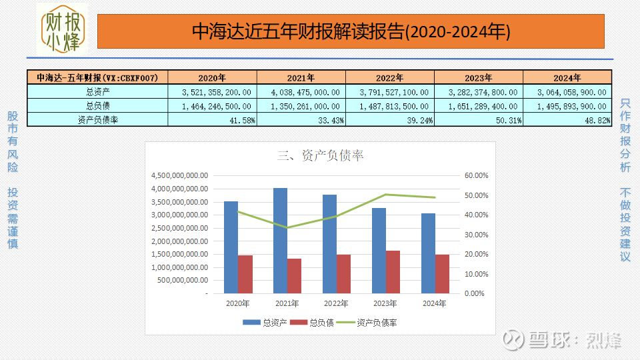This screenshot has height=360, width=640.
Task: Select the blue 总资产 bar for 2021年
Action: pyautogui.click(x=280, y=240)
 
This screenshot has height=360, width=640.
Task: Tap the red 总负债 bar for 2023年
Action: pyautogui.click(x=393, y=271)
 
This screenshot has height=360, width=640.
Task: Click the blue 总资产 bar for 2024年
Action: pyautogui.click(x=428, y=253)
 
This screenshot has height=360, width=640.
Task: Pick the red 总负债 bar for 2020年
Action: pyautogui.click(x=245, y=273)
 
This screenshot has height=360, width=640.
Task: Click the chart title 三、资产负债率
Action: pyautogui.click(x=320, y=155)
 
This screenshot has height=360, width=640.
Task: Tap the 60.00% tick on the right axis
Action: pyautogui.click(x=476, y=175)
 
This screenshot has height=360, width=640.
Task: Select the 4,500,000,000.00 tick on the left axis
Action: pyautogui.click(x=180, y=175)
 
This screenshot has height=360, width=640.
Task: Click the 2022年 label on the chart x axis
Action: pyautogui.click(x=335, y=304)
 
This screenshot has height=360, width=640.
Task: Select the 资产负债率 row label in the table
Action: pyautogui.click(x=97, y=120)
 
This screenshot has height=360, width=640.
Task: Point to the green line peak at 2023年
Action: pyautogui.click(x=385, y=195)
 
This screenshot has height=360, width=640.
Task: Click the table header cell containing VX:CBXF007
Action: pyautogui.click(x=97, y=77)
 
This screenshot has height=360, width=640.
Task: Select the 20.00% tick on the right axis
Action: pyautogui.click(x=476, y=254)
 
